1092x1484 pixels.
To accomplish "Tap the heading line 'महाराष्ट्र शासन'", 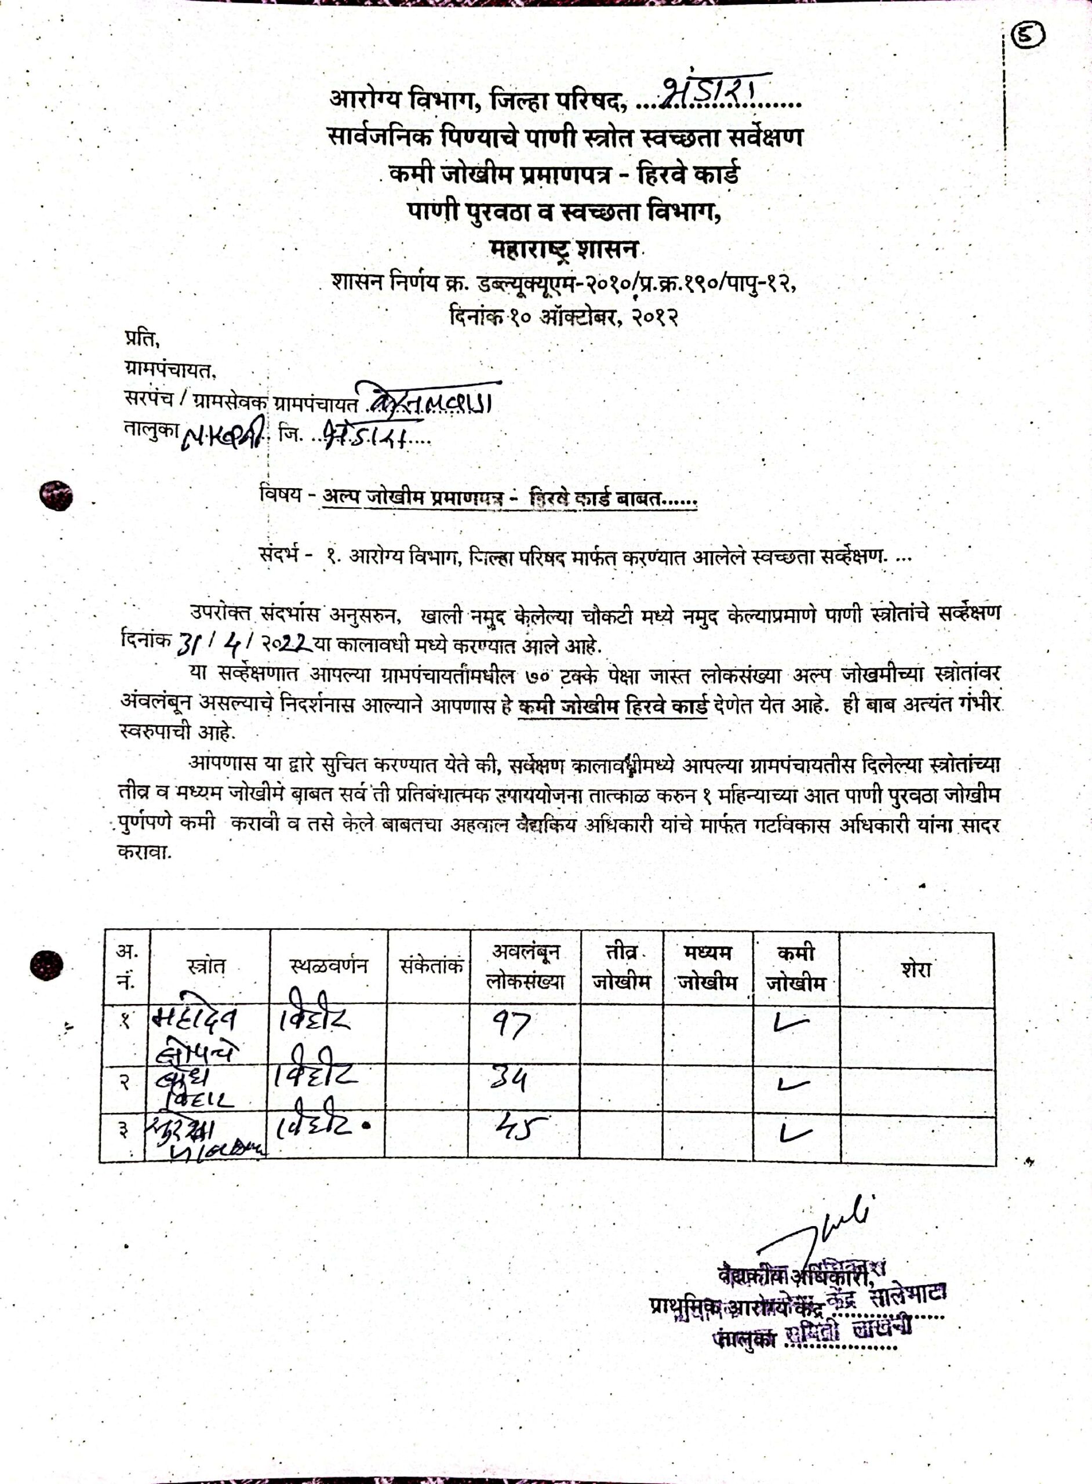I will [564, 250].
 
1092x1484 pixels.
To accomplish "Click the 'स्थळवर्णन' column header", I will [328, 967].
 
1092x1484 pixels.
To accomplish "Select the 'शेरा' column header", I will [916, 969].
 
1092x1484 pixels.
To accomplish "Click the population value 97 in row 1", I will [510, 1026].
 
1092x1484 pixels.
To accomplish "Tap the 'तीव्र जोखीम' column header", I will [621, 967].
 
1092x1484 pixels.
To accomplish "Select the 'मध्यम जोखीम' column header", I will [707, 967].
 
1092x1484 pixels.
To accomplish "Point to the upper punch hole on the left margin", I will [56, 496].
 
